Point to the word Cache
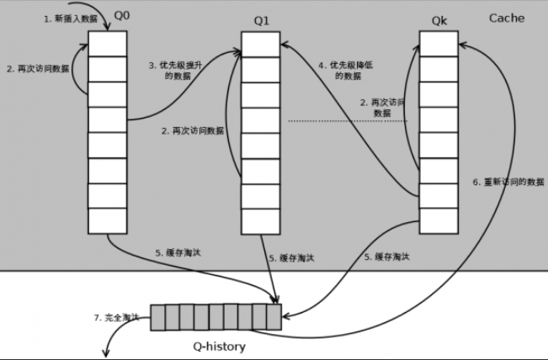[507, 18]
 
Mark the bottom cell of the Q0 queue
[107, 220]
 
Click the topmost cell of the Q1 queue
[260, 44]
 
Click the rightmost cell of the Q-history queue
[272, 317]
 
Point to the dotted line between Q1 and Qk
[347, 121]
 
